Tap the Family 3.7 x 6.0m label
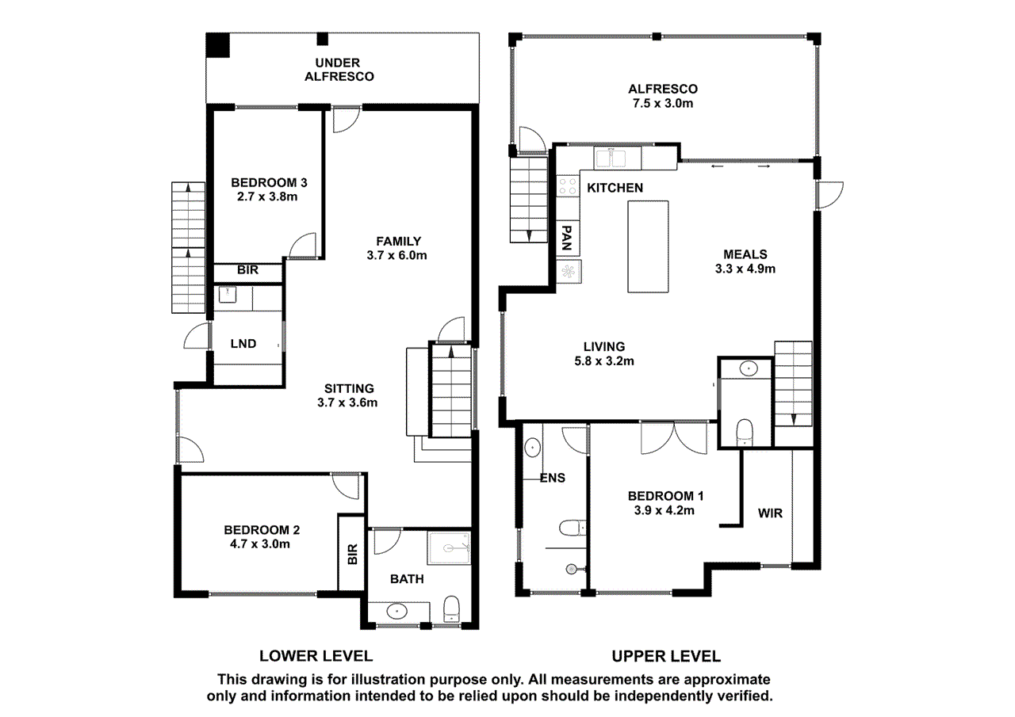398,248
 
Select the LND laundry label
243,344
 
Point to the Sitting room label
350,395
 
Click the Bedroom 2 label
261,537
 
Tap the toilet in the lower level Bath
452,608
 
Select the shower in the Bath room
450,547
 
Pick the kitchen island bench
649,246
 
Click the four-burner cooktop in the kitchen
568,186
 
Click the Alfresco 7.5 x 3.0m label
662,96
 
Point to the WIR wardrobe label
770,513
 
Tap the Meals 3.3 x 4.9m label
745,261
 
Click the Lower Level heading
316,656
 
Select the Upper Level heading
665,656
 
